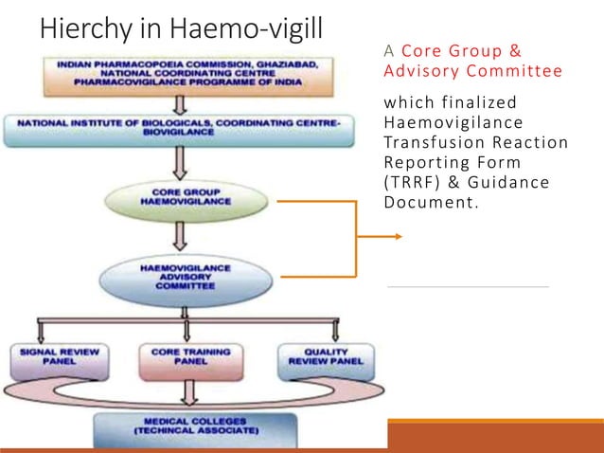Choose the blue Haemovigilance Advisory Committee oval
186,276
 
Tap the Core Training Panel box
187,356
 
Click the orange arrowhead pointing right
398,238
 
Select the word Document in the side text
422,202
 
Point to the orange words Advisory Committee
472,71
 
